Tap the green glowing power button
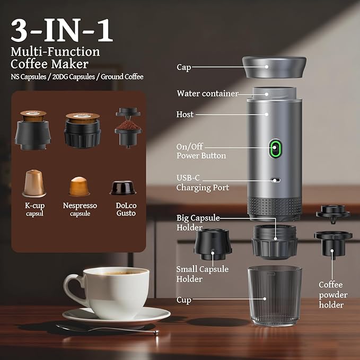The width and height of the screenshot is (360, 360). [275, 149]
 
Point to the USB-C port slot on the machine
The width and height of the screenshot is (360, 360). [275, 180]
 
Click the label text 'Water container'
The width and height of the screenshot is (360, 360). [207, 94]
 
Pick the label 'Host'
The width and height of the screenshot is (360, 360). [185, 114]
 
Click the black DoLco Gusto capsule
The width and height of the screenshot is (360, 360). [122, 187]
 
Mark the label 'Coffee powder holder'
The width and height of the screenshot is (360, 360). [332, 295]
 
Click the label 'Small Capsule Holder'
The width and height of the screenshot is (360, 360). [202, 274]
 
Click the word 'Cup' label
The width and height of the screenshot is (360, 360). [184, 300]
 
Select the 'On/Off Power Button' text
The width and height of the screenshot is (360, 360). [201, 151]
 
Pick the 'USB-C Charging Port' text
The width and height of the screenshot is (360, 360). [203, 182]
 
